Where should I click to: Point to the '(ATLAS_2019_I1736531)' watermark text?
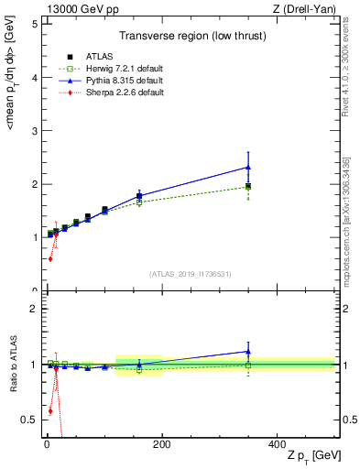tap(191, 274)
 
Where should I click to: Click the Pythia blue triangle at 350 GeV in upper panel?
tap(248, 167)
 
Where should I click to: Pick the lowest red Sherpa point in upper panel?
tap(50, 259)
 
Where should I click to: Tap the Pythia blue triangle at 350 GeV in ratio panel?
tap(248, 351)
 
